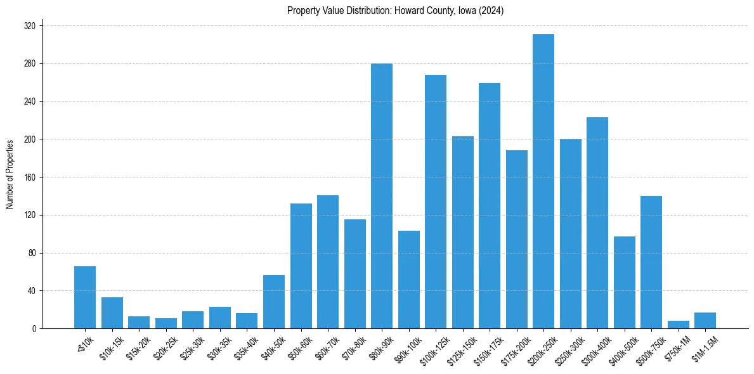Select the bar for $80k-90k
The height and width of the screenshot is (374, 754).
[x=382, y=196]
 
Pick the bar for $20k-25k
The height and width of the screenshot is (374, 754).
[x=166, y=323]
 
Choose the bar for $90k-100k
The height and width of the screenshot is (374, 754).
[x=409, y=280]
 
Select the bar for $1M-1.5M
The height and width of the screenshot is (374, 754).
[x=705, y=321]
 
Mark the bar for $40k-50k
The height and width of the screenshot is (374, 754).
[x=274, y=302]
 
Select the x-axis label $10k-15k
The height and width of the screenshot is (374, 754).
[x=112, y=349]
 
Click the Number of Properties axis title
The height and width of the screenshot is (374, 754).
[x=10, y=174]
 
